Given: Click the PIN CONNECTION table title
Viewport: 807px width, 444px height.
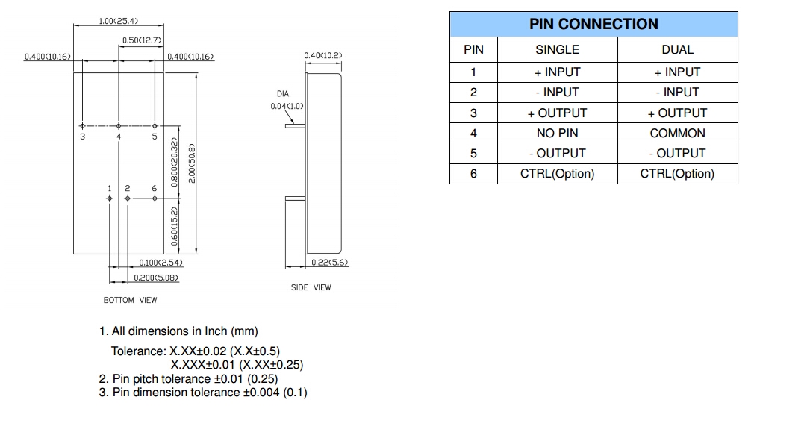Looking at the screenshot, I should coord(593,24).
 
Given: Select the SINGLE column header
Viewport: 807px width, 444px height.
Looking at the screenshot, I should coord(557,49).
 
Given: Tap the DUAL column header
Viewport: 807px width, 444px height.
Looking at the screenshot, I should coord(677,49).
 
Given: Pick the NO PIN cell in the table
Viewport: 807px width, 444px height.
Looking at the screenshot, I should coord(557,133).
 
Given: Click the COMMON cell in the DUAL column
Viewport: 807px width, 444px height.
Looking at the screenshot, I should coord(677,133).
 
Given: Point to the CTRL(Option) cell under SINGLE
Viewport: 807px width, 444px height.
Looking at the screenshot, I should coord(557,174).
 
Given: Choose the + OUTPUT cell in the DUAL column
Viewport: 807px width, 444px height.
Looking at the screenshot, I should coord(677,113).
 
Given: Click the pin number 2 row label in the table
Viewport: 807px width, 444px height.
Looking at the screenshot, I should coord(473,93).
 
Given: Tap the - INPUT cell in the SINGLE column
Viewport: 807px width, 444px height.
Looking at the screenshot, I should coord(557,93).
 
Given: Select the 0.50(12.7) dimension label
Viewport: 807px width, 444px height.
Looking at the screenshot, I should coord(142,40).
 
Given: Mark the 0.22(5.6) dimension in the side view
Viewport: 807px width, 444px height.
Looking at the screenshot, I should coord(329,263).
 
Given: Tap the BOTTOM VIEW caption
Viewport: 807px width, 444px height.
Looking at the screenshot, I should coord(130,300).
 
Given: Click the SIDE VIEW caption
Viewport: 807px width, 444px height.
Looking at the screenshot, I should coord(311,287).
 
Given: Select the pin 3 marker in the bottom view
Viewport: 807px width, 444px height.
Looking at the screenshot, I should coord(83,125).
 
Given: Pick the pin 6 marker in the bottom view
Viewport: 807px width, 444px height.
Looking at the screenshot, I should coord(155,198).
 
